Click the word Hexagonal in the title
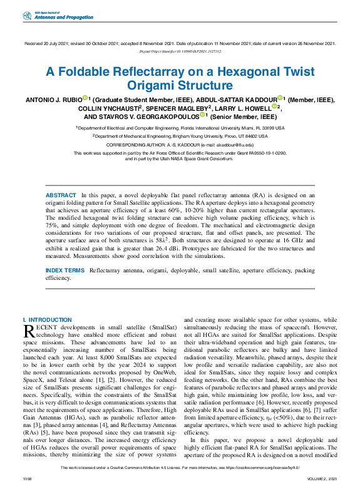(235, 72)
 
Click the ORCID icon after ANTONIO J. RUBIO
(84, 98)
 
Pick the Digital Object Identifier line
(180, 51)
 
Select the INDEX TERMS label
(65, 270)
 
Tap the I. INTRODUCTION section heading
(47, 320)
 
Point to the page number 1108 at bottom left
(27, 478)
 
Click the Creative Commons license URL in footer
(264, 467)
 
